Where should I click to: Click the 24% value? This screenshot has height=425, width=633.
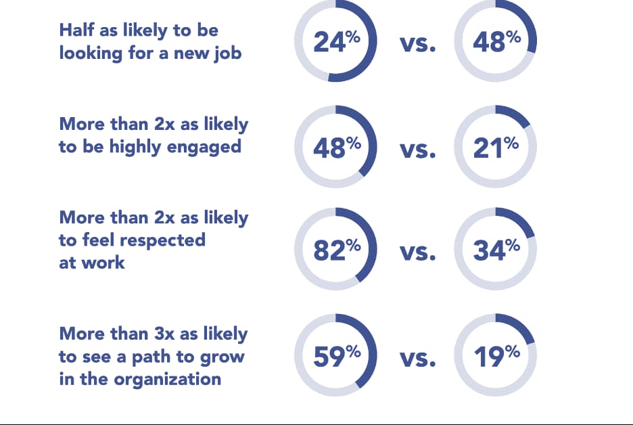click(336, 42)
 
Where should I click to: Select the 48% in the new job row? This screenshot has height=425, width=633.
click(496, 42)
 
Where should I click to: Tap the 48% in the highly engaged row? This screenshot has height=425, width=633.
click(336, 147)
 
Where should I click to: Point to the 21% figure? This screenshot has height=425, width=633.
click(496, 147)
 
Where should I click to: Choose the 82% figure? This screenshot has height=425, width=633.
click(336, 250)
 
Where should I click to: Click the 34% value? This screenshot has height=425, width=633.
click(496, 250)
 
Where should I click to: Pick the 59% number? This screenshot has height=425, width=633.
click(336, 355)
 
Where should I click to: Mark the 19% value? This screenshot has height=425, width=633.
click(496, 355)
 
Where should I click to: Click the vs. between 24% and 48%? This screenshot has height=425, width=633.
click(417, 45)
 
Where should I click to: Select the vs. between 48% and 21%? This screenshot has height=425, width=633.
click(417, 150)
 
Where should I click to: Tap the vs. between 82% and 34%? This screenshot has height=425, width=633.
click(417, 253)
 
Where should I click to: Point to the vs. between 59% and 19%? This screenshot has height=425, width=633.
click(417, 358)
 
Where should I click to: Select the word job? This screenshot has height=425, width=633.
click(227, 52)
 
